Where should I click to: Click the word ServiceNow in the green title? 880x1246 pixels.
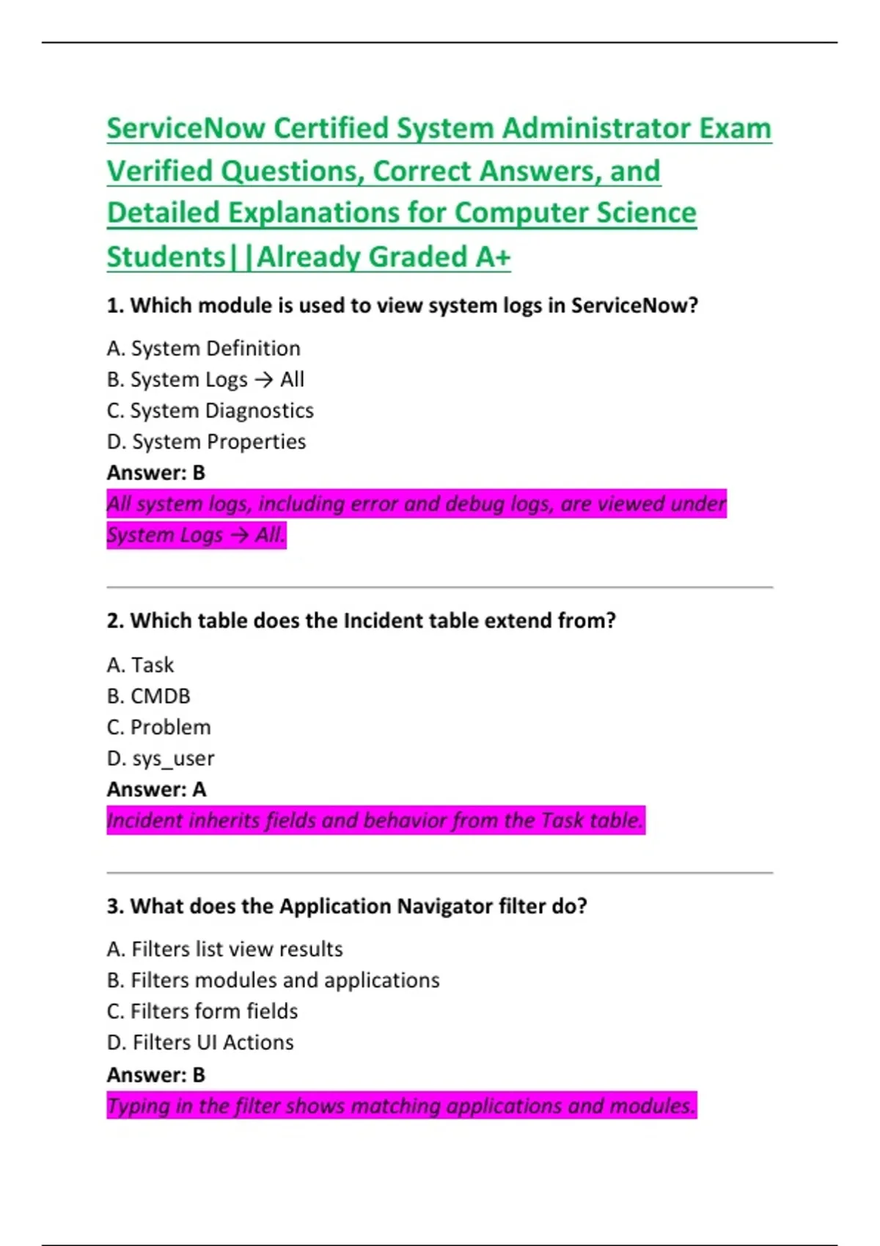pos(186,129)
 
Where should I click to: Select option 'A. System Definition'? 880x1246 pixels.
pos(203,348)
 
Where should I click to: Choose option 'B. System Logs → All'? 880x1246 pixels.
pos(205,380)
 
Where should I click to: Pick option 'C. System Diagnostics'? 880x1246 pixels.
pos(210,410)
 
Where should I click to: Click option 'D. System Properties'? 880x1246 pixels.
pos(206,442)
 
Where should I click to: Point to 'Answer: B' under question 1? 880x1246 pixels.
pos(155,473)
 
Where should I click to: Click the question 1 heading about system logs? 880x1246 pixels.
pos(402,306)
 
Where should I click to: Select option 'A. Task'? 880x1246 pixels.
pos(140,665)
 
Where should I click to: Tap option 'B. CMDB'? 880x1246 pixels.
pos(148,696)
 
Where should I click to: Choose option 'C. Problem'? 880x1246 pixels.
pos(158,727)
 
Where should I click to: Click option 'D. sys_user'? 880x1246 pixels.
pos(161,759)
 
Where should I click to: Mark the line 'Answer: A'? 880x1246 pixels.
pos(156,789)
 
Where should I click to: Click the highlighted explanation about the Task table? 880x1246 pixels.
pos(375,820)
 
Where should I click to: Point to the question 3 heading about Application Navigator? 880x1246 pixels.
pos(347,907)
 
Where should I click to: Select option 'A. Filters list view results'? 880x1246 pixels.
pos(224,949)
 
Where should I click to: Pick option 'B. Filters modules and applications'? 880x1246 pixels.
pos(273,981)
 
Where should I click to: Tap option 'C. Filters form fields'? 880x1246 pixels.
pos(202,1011)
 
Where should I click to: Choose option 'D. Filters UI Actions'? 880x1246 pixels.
pos(200,1042)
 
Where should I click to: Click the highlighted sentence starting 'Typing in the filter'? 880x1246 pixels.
pos(400,1106)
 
